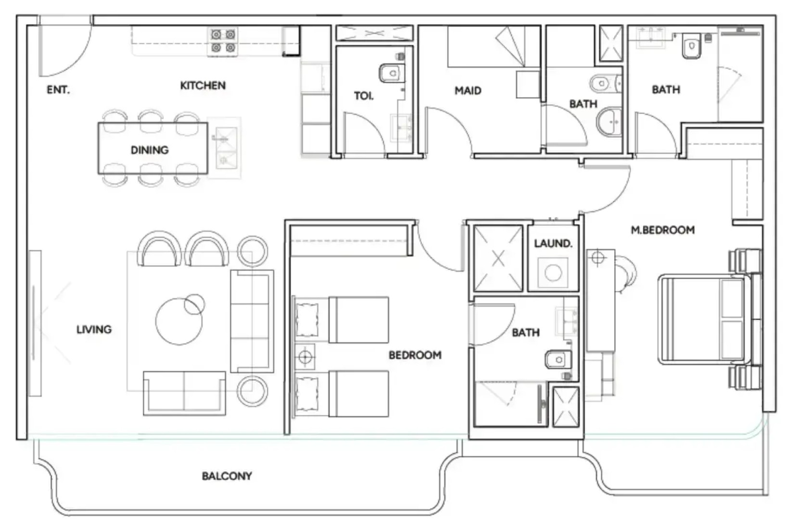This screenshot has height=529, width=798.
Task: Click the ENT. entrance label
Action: (58, 89)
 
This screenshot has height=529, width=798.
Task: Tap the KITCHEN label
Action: (203, 86)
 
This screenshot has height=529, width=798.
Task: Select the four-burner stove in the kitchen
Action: (223, 41)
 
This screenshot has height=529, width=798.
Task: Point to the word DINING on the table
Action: (150, 150)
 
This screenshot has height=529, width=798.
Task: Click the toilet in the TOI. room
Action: (392, 73)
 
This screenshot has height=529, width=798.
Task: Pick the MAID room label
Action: (468, 91)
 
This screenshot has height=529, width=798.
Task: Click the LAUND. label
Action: (553, 244)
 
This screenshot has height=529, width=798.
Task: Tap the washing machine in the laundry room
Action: (553, 273)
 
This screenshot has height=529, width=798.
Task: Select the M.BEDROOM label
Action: (663, 230)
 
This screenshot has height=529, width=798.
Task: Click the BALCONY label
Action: (227, 476)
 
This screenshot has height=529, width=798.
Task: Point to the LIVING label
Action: (94, 329)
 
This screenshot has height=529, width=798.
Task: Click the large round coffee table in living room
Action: (179, 321)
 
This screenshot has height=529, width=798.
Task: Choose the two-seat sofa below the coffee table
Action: (184, 393)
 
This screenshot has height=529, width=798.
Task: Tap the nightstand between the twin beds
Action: (304, 356)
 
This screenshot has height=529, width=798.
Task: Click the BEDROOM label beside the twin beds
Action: (415, 355)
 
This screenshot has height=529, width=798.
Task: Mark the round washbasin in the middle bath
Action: (609, 122)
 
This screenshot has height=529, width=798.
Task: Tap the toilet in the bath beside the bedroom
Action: (558, 360)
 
